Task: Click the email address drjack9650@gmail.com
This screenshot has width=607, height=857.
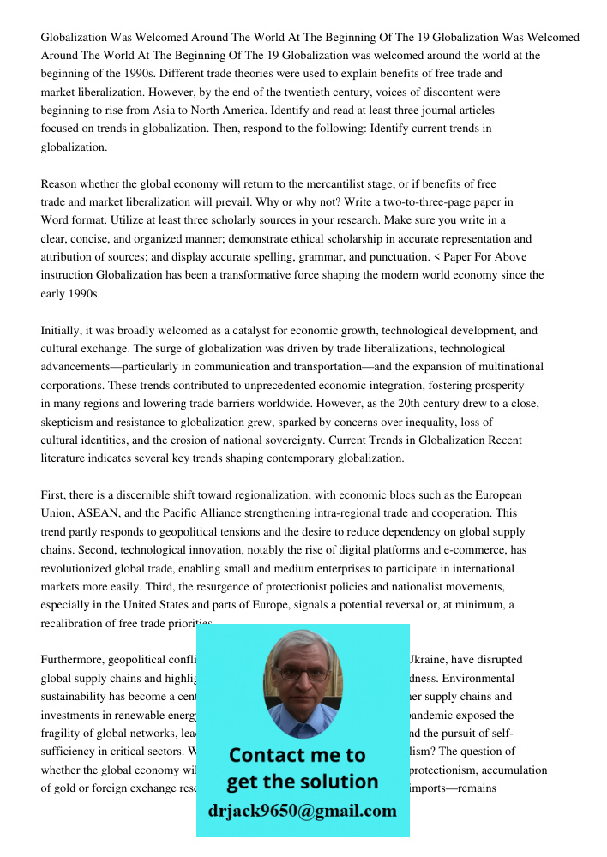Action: [x=302, y=811]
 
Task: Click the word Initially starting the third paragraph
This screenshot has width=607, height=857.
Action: [x=64, y=330]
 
